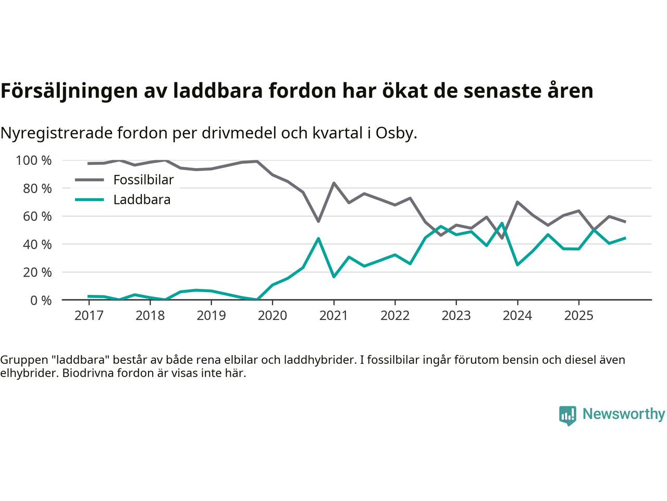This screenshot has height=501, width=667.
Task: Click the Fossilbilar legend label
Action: tap(143, 180)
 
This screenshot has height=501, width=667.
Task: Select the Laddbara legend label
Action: tap(142, 200)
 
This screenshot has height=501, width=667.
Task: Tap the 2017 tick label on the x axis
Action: tap(89, 316)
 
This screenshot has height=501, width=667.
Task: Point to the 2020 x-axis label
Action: tap(273, 316)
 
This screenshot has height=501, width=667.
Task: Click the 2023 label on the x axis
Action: tap(456, 316)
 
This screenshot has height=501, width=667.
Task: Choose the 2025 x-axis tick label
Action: tap(578, 316)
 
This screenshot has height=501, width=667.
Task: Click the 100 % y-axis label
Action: tap(34, 161)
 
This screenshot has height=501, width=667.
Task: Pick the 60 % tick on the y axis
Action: tap(37, 217)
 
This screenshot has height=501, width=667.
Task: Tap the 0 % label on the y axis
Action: tap(41, 301)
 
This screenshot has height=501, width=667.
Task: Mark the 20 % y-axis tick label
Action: tap(37, 272)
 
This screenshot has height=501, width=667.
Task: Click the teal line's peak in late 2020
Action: tap(318, 238)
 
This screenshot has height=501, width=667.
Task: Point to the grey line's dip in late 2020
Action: tap(318, 221)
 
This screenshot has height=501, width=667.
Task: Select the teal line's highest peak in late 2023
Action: tap(502, 223)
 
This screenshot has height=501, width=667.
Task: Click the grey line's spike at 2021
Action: tap(333, 183)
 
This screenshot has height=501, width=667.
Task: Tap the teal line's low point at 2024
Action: tap(517, 265)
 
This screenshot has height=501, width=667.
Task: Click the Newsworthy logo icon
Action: tap(567, 415)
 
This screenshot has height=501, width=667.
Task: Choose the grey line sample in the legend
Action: tap(89, 180)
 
